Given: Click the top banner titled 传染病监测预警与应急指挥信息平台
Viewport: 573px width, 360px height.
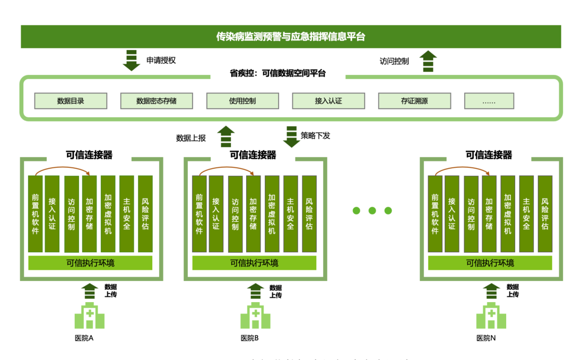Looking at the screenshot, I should pyautogui.click(x=291, y=37).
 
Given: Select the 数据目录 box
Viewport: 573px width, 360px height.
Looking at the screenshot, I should pyautogui.click(x=71, y=101).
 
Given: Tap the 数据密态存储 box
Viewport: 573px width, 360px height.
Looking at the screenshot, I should pyautogui.click(x=157, y=101).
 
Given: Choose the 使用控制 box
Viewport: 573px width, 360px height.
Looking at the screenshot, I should pyautogui.click(x=242, y=101).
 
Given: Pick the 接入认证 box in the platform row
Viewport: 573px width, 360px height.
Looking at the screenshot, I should pyautogui.click(x=328, y=101).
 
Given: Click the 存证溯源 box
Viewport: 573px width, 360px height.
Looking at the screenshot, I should pyautogui.click(x=414, y=101).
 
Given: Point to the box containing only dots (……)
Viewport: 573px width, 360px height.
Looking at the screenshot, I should pyautogui.click(x=489, y=101).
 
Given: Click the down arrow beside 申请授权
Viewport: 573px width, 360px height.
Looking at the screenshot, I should pyautogui.click(x=131, y=60).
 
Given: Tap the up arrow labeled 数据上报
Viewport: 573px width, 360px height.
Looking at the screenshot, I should pyautogui.click(x=226, y=136).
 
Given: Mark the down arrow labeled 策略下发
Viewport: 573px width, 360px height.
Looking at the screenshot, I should pyautogui.click(x=291, y=136).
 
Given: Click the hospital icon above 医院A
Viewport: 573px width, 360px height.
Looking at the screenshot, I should pyautogui.click(x=89, y=316).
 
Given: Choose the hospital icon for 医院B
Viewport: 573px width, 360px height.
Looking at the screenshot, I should pyautogui.click(x=255, y=316).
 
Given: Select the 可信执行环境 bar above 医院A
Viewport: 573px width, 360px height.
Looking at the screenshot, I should pyautogui.click(x=90, y=263).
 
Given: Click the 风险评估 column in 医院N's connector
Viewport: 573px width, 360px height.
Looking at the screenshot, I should pyautogui.click(x=545, y=213).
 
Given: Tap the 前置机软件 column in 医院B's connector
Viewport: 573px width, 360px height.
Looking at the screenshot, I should pyautogui.click(x=199, y=213).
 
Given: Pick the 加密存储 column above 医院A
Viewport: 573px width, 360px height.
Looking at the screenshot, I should pyautogui.click(x=89, y=213).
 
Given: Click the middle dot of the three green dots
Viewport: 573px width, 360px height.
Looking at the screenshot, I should pyautogui.click(x=372, y=211).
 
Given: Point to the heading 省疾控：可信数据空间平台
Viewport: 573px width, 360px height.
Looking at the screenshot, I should pyautogui.click(x=277, y=74).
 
